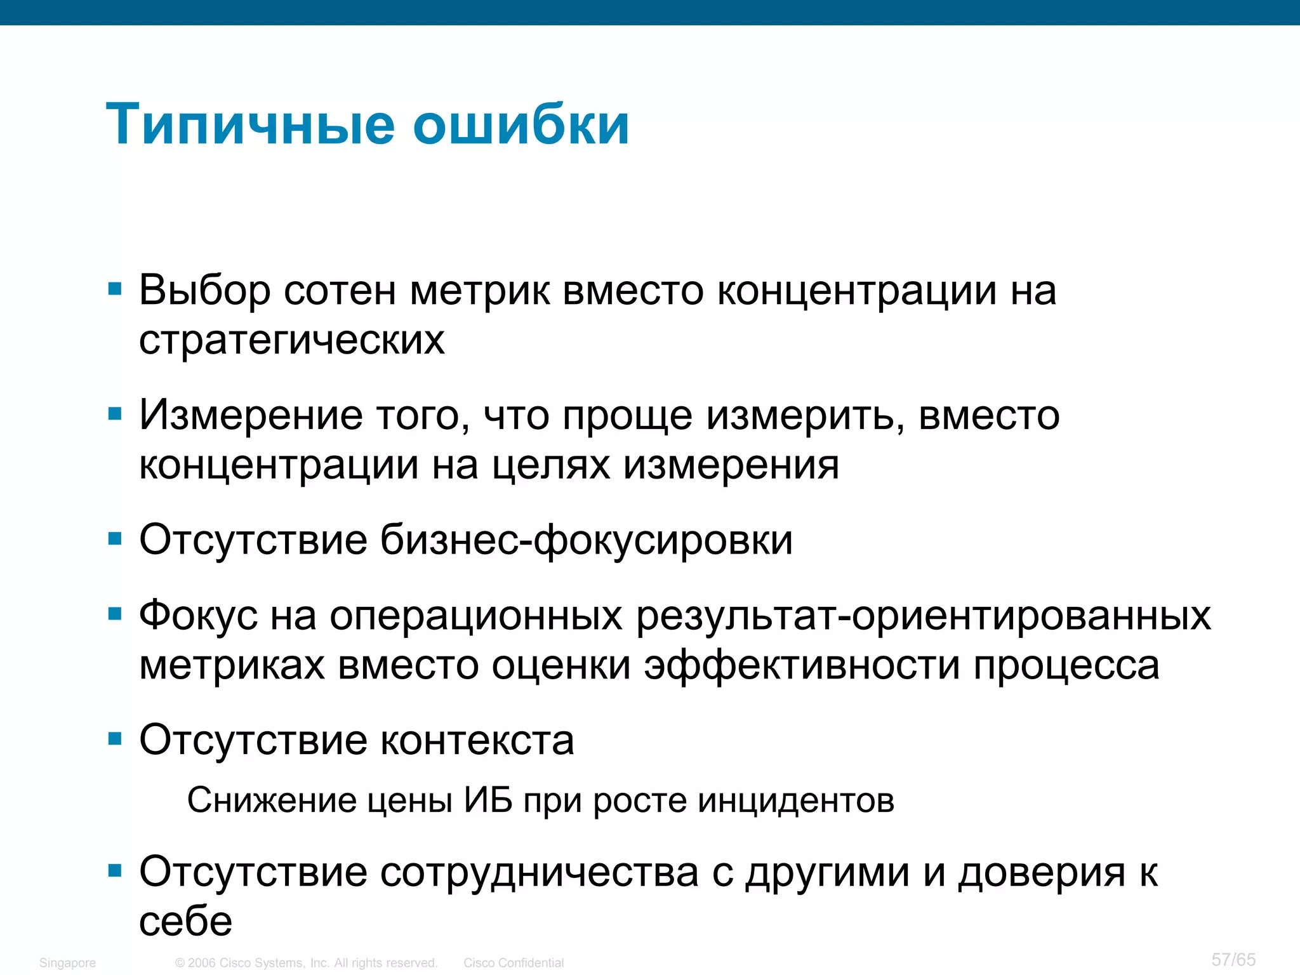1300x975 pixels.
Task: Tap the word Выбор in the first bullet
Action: point(204,291)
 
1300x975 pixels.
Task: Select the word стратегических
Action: point(292,340)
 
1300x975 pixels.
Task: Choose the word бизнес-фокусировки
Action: point(587,540)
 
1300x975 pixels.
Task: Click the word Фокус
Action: point(198,616)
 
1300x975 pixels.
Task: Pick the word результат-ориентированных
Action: point(924,616)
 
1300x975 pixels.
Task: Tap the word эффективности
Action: point(802,665)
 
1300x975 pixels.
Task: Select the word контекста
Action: point(477,740)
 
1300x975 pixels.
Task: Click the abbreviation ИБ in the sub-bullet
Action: point(488,800)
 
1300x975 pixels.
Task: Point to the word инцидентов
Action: point(796,800)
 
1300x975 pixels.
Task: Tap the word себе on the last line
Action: point(186,922)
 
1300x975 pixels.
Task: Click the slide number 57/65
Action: point(1233,959)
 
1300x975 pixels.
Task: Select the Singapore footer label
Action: point(67,963)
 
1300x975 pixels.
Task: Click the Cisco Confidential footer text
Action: point(514,963)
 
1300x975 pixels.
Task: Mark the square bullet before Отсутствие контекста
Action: point(115,739)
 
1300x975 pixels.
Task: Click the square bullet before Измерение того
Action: point(115,415)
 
